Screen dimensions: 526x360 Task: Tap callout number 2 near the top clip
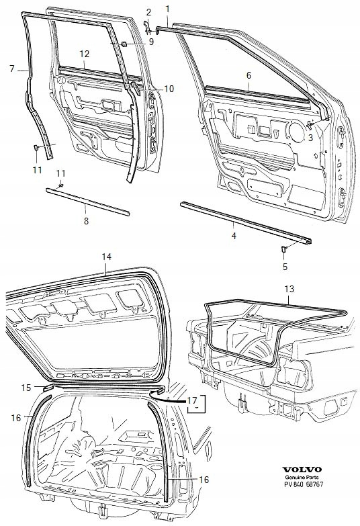(148, 12)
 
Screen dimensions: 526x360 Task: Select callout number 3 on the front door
(311, 138)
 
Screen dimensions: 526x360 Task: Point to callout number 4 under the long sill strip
(233, 236)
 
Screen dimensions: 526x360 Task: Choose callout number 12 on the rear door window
(84, 53)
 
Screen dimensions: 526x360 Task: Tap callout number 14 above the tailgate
(105, 257)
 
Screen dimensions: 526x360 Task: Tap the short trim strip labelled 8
(87, 202)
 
